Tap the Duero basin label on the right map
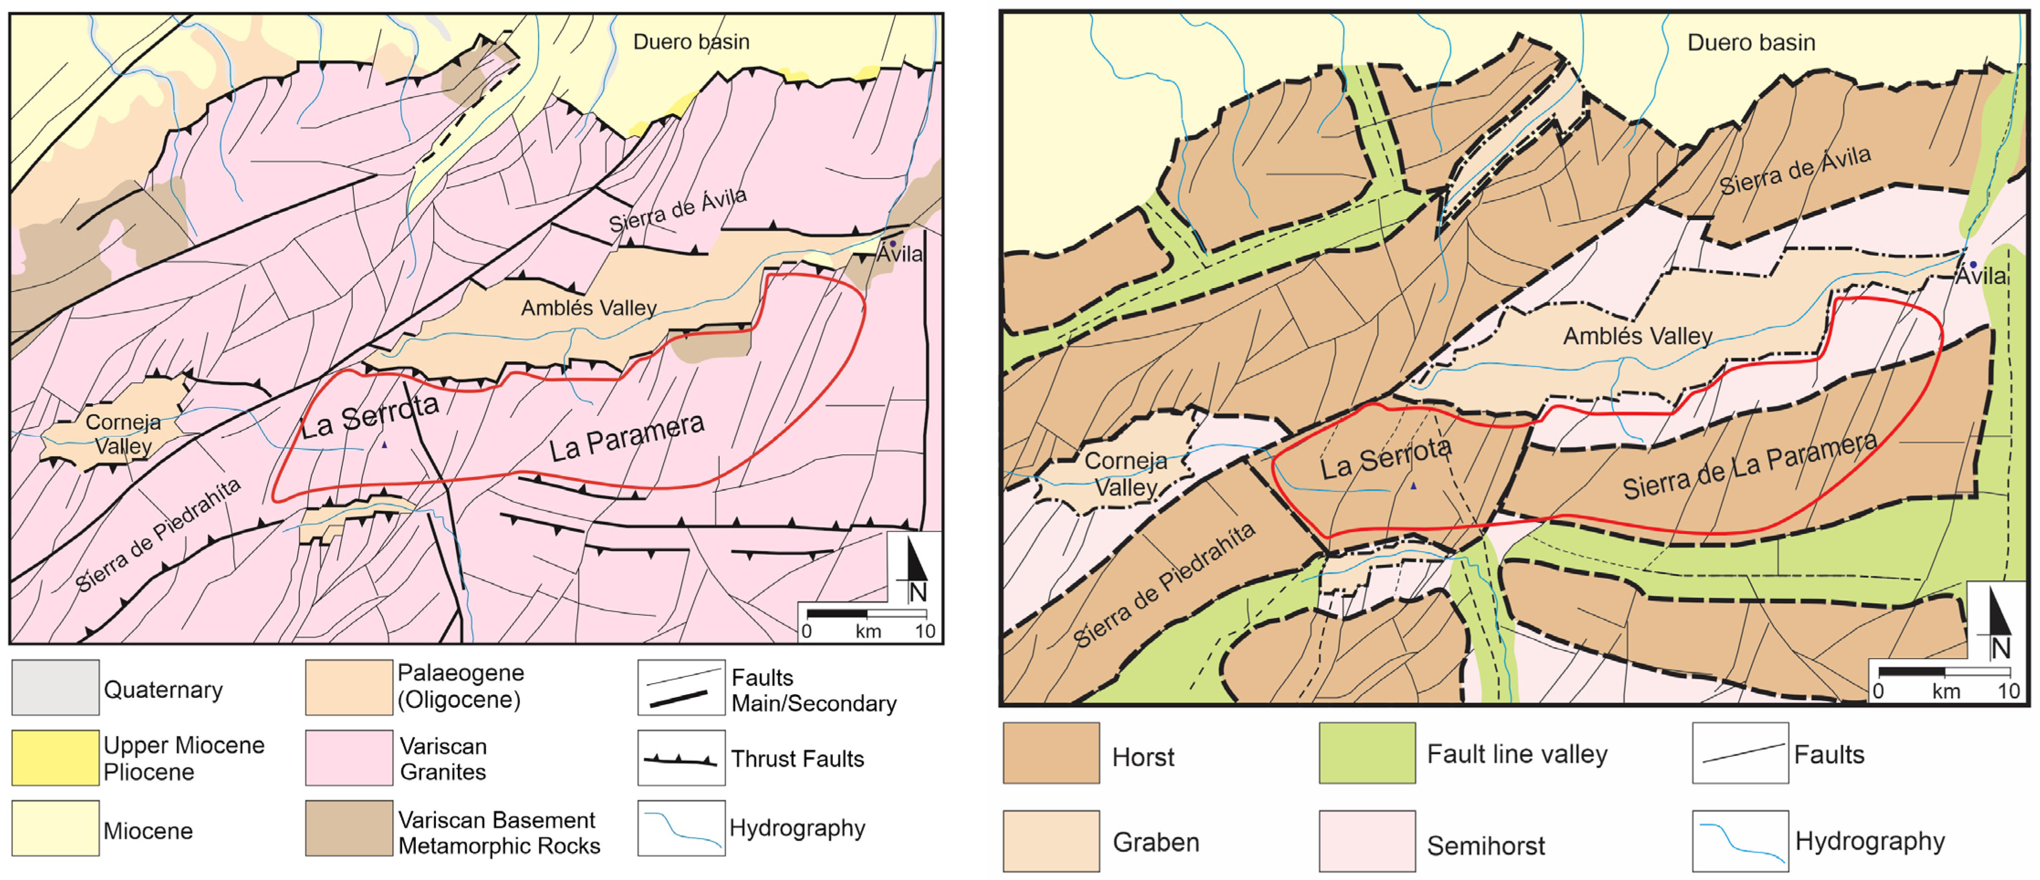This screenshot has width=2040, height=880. click(x=1751, y=43)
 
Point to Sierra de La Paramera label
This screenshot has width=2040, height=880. click(x=1749, y=466)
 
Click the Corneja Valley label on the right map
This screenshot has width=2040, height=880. click(x=1125, y=474)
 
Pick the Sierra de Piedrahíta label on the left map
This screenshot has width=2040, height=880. click(x=158, y=536)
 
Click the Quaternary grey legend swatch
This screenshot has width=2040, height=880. click(x=55, y=688)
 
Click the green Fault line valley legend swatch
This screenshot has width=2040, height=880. click(x=1367, y=753)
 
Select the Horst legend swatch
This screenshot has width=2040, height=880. click(x=1051, y=753)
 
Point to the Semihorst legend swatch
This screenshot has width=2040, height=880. click(x=1367, y=841)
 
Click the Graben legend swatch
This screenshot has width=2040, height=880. click(x=1051, y=841)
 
